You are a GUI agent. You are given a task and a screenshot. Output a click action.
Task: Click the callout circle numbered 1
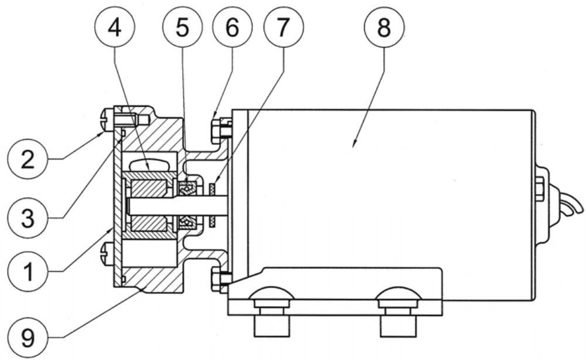pos(28,272)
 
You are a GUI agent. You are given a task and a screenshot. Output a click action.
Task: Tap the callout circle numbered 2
pos(28,159)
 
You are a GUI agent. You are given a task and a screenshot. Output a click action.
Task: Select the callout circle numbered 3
pos(28,218)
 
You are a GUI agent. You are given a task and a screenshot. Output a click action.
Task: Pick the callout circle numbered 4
pos(115,28)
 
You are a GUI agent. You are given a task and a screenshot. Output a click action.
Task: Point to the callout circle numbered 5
pos(182,28)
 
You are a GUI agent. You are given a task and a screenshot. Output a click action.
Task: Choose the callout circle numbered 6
pos(232,28)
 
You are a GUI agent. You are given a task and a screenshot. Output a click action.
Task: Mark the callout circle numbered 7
pos(283,28)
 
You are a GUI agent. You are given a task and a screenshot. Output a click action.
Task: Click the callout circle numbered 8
pos(384,28)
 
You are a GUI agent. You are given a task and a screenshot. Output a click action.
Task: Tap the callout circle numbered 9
pos(28,337)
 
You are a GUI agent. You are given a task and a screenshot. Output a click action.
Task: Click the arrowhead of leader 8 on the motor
pos(355,143)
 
